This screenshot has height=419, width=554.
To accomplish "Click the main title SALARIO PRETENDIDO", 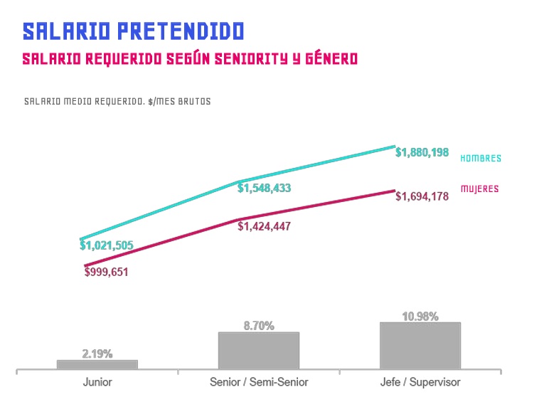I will (x=133, y=31).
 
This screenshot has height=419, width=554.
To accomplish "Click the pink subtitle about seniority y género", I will (x=189, y=59).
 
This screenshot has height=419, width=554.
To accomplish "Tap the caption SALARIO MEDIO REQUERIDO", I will (x=117, y=102).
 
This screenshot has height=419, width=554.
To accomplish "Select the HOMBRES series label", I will (x=481, y=159).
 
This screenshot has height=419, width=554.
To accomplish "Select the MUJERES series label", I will (x=479, y=189).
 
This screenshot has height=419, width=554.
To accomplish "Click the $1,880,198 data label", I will (x=422, y=152).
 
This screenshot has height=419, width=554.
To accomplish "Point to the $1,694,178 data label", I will (x=422, y=196).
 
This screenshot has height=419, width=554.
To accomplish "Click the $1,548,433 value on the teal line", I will (x=264, y=189).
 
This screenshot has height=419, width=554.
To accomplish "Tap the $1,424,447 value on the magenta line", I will (x=264, y=226).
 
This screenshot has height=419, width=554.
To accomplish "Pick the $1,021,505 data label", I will (x=106, y=245).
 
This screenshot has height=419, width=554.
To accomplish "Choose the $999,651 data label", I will (x=106, y=272).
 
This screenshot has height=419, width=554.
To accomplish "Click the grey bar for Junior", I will (x=97, y=364).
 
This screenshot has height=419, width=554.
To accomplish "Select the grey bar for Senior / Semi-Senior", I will (x=259, y=350).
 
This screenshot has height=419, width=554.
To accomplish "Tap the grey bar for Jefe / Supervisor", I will (x=420, y=346).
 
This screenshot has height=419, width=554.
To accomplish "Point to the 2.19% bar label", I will (x=97, y=354).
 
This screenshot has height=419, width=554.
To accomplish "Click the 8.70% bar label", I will (x=259, y=326).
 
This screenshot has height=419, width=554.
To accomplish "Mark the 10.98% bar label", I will (x=420, y=317).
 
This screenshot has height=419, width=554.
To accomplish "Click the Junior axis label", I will (x=97, y=383).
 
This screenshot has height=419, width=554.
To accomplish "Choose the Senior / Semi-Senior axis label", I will (x=259, y=383).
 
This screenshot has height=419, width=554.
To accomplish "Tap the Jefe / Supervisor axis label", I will (x=420, y=383).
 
